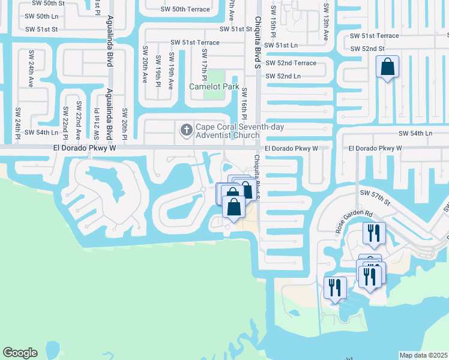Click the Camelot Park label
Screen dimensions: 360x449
214,86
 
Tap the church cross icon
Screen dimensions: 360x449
186,130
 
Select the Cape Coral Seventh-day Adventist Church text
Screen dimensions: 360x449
239,131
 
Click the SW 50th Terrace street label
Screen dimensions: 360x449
185,10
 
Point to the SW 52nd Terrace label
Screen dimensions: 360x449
291,63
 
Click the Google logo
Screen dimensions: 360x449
20,353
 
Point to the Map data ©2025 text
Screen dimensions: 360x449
424,355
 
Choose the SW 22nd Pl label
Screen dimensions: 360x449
64,121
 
